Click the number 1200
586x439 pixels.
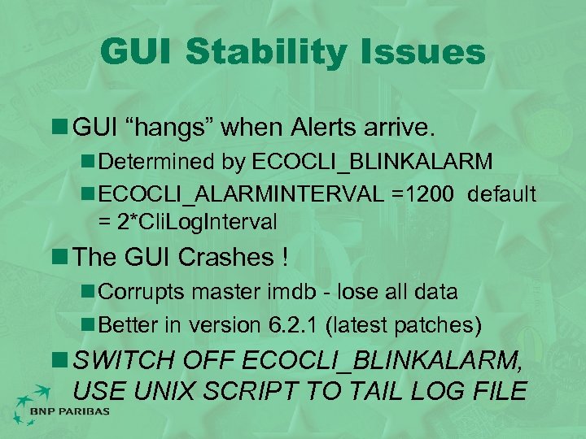click(x=428, y=194)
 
